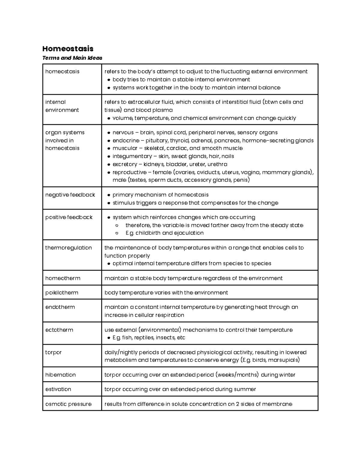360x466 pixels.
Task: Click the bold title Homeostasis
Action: [x=68, y=49]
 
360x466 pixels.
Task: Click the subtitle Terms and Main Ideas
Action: [x=72, y=58]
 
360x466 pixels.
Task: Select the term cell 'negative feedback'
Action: [x=70, y=195]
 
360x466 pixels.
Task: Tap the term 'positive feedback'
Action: [x=69, y=217]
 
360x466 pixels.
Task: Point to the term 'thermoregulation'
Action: [x=68, y=248]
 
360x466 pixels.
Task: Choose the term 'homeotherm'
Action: [x=63, y=278]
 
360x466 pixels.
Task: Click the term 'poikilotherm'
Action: [x=61, y=293]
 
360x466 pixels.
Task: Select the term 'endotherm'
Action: [x=60, y=307]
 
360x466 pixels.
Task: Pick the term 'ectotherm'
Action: [x=59, y=330]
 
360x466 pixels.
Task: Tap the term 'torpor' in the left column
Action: [x=53, y=352]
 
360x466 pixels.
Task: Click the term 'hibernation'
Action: [x=60, y=375]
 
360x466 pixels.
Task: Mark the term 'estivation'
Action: [x=58, y=389]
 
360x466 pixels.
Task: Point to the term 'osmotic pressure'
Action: [x=68, y=404]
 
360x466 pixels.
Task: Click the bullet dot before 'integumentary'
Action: [x=109, y=157]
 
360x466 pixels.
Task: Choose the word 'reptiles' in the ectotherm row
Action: [x=144, y=338]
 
